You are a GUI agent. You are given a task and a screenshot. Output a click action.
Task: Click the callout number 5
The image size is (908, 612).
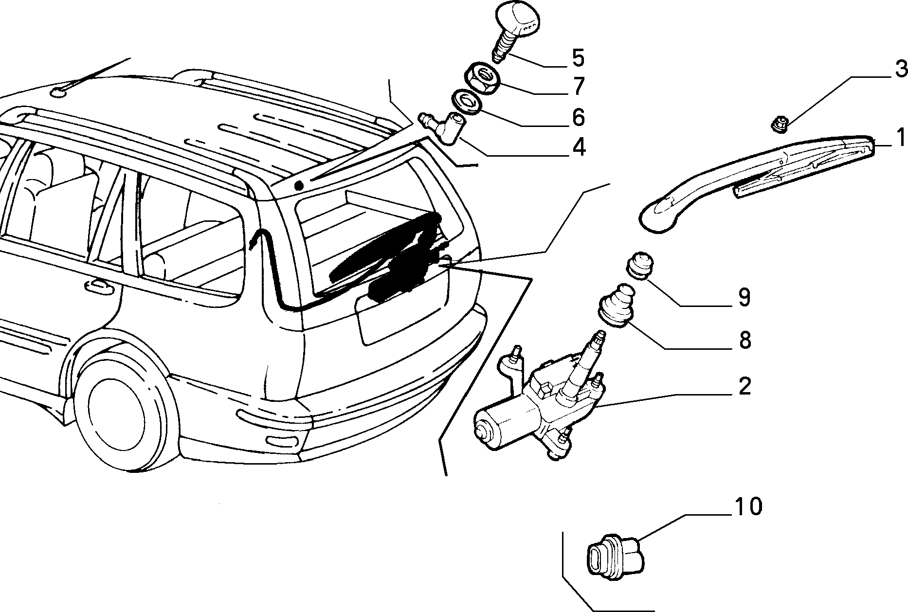point(577,57)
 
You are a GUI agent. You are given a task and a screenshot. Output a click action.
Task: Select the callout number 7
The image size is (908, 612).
point(577,87)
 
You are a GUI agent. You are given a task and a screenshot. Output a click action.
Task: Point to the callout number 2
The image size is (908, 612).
point(745,385)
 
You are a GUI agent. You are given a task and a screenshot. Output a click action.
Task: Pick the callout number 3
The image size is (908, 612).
point(901,69)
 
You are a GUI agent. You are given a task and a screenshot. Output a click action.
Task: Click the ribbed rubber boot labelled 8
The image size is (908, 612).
point(615,303)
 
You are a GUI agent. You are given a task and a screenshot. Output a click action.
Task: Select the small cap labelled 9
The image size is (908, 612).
point(639,265)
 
